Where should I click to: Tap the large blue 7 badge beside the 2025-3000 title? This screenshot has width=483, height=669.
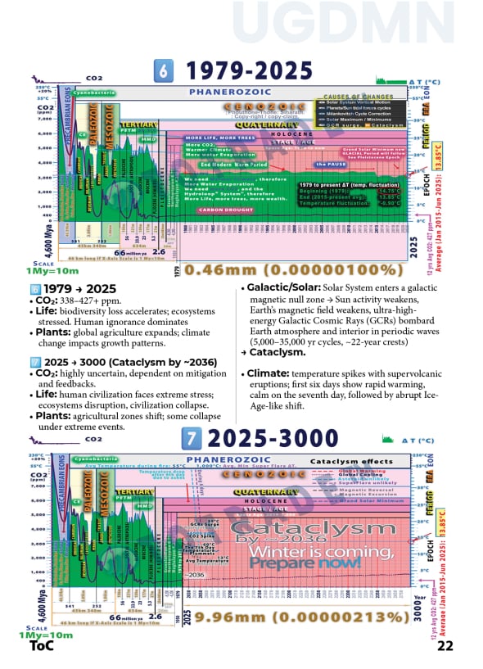point(191,439)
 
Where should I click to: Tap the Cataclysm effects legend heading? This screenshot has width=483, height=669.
point(351,462)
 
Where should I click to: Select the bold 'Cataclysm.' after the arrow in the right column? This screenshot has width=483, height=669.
point(279,351)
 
